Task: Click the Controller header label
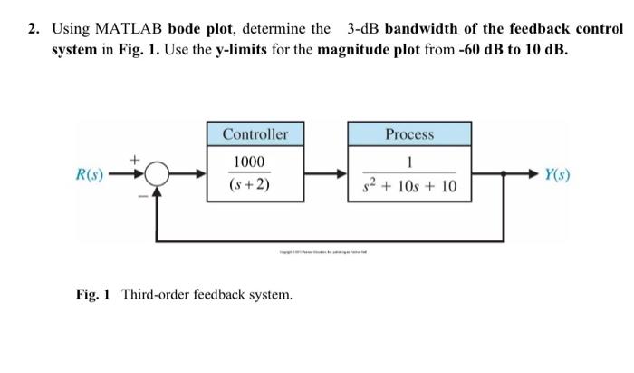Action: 255,134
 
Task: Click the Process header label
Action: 409,134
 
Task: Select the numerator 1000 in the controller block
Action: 250,162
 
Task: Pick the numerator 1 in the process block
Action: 410,162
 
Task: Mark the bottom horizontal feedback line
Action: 326,241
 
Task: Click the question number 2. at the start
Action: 33,28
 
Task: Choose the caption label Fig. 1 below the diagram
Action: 93,295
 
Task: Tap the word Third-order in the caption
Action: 155,295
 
